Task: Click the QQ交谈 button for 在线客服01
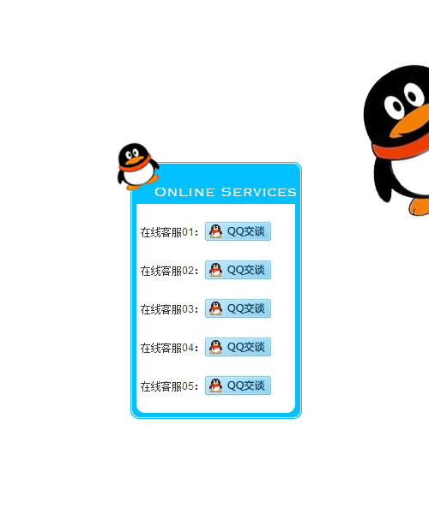[238, 231]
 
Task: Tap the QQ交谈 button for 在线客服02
[238, 270]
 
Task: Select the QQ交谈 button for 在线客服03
[238, 308]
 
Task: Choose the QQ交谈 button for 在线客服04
[238, 347]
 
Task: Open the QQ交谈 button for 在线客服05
[238, 385]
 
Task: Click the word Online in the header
[184, 192]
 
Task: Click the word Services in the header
[258, 192]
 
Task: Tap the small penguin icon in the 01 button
[215, 231]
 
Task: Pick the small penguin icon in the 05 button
[215, 385]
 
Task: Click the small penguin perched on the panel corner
[138, 166]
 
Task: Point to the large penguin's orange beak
[410, 122]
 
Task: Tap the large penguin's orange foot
[419, 206]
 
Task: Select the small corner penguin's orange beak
[134, 160]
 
